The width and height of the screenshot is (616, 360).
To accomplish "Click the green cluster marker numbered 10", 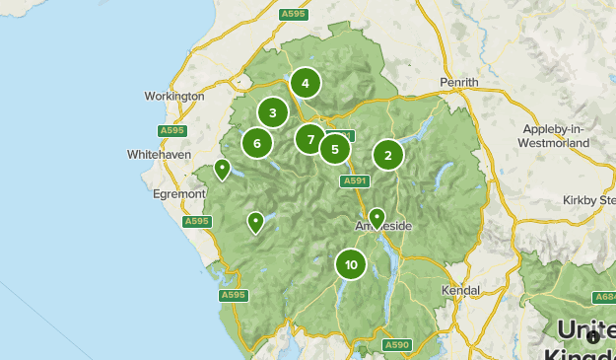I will [351, 264].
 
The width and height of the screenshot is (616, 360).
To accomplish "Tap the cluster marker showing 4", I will [306, 84].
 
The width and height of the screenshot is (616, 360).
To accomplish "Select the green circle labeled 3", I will [273, 112].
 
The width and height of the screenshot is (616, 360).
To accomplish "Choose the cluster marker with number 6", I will [257, 143].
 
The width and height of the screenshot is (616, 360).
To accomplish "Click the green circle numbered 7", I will [310, 139].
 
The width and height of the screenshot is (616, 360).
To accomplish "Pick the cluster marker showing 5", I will [335, 150].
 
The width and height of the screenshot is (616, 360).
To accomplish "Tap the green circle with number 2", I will [388, 155].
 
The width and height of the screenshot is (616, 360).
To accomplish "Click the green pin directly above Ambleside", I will [376, 217].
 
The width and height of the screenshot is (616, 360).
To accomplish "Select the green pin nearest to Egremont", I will [223, 169].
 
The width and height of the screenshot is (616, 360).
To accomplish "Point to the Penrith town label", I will [459, 82].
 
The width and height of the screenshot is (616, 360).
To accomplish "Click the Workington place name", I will [172, 97].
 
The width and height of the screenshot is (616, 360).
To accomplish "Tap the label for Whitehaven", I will [160, 155].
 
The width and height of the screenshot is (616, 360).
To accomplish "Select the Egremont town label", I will [178, 194].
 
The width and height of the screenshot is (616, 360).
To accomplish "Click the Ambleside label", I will [383, 227].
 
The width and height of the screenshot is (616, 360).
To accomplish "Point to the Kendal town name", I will [460, 291].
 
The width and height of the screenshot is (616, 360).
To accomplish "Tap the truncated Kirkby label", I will [588, 200].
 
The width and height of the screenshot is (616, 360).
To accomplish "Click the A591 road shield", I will [355, 180].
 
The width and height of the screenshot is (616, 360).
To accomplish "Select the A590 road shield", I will [396, 344].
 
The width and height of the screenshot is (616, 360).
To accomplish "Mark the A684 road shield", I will [604, 297].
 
